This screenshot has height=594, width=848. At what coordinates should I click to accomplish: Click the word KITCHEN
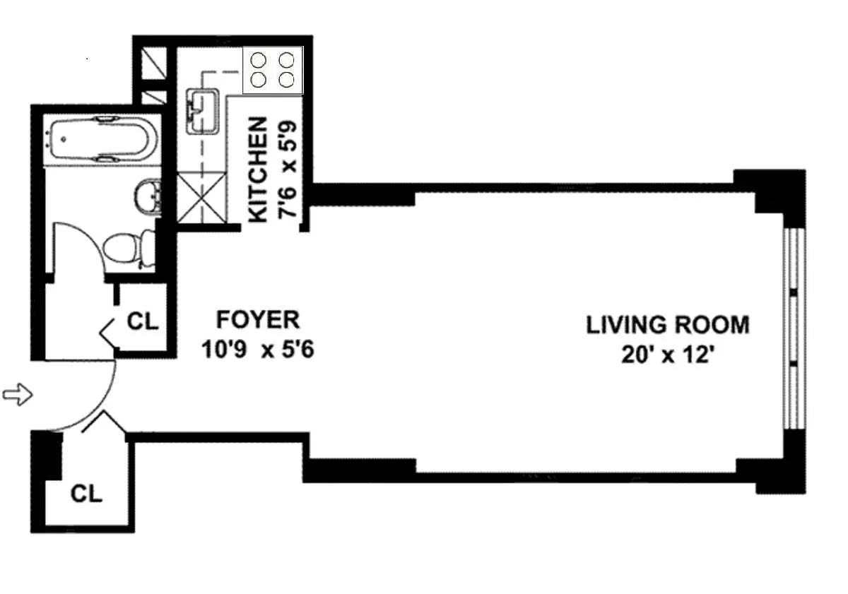tap(259, 170)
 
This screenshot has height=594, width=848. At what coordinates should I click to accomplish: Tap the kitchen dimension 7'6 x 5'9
tap(288, 169)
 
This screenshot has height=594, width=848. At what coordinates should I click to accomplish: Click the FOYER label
tap(258, 320)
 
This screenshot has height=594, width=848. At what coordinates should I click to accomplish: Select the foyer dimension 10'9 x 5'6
tap(258, 349)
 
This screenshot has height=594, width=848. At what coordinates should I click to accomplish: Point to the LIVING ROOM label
tap(668, 325)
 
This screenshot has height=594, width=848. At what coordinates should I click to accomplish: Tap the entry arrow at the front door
tap(18, 395)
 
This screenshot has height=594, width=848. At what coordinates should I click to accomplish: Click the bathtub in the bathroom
tap(100, 140)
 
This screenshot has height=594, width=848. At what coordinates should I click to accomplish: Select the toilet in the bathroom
tap(129, 248)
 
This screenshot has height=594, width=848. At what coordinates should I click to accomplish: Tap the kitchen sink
tap(203, 111)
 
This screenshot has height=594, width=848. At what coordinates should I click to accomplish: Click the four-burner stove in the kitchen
tap(273, 71)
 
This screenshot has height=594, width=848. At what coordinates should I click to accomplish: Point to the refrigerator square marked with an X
tap(202, 197)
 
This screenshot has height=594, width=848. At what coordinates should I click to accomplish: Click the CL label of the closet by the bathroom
tap(142, 321)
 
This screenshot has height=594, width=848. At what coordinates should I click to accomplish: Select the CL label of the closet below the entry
tap(86, 494)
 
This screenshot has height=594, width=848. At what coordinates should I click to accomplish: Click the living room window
tap(794, 328)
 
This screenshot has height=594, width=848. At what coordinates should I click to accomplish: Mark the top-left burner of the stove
tap(259, 60)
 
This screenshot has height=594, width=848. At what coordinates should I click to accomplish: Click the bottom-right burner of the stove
tap(286, 80)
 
